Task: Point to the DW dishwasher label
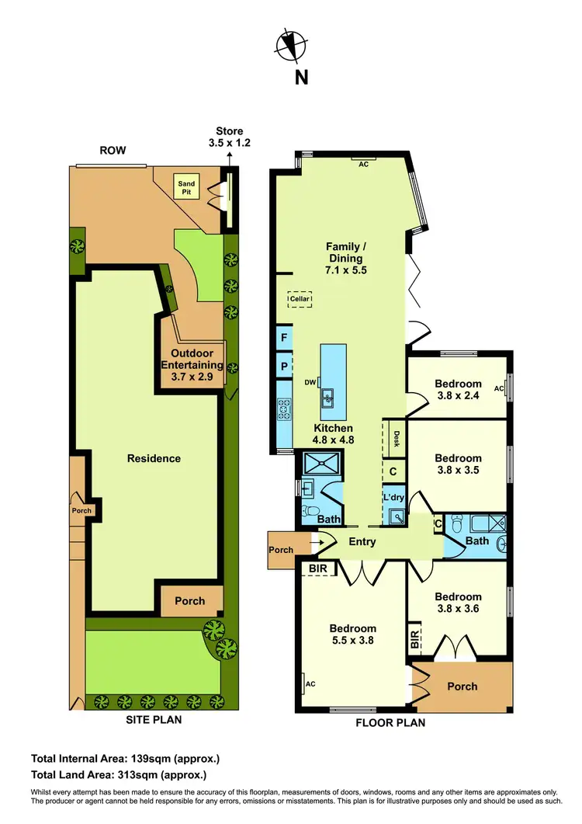[x=310, y=381]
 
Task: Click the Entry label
[x=362, y=541]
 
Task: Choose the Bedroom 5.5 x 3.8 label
[x=352, y=635]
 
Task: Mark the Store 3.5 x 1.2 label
[x=229, y=137]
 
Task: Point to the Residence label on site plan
[x=154, y=458]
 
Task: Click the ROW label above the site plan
[x=113, y=151]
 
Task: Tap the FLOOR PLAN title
[x=390, y=722]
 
